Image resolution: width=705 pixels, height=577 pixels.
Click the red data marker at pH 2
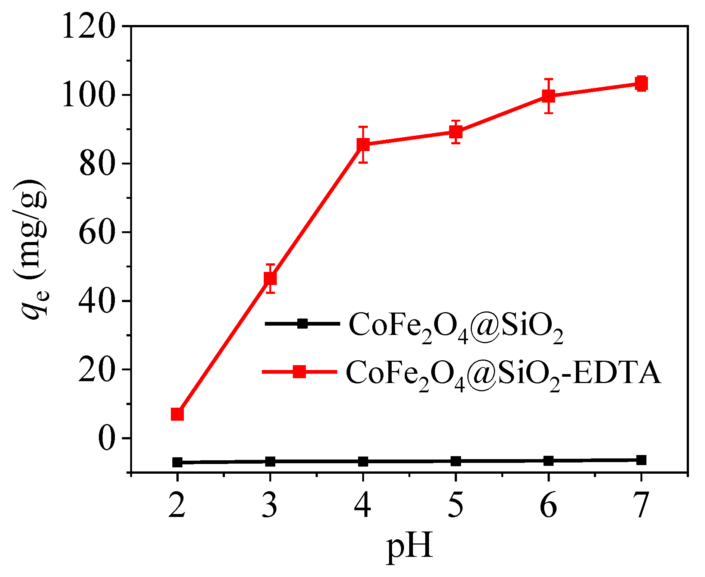(177, 414)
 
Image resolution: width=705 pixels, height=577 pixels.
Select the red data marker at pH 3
(270, 278)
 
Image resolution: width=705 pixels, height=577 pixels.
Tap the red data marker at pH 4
(363, 144)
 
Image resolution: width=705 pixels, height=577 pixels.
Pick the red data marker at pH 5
(455, 132)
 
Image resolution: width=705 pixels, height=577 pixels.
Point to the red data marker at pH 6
(548, 96)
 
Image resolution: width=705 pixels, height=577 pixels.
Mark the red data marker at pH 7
(641, 84)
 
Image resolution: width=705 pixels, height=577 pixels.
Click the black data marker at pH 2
(177, 462)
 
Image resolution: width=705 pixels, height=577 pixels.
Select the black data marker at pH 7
(641, 460)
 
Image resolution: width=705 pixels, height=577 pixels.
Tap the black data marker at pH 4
(363, 461)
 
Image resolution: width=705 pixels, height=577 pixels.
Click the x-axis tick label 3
(270, 505)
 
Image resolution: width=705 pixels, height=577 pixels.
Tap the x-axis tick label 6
(548, 505)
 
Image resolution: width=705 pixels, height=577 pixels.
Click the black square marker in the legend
(303, 323)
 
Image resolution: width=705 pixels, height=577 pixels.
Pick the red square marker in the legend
(299, 371)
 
